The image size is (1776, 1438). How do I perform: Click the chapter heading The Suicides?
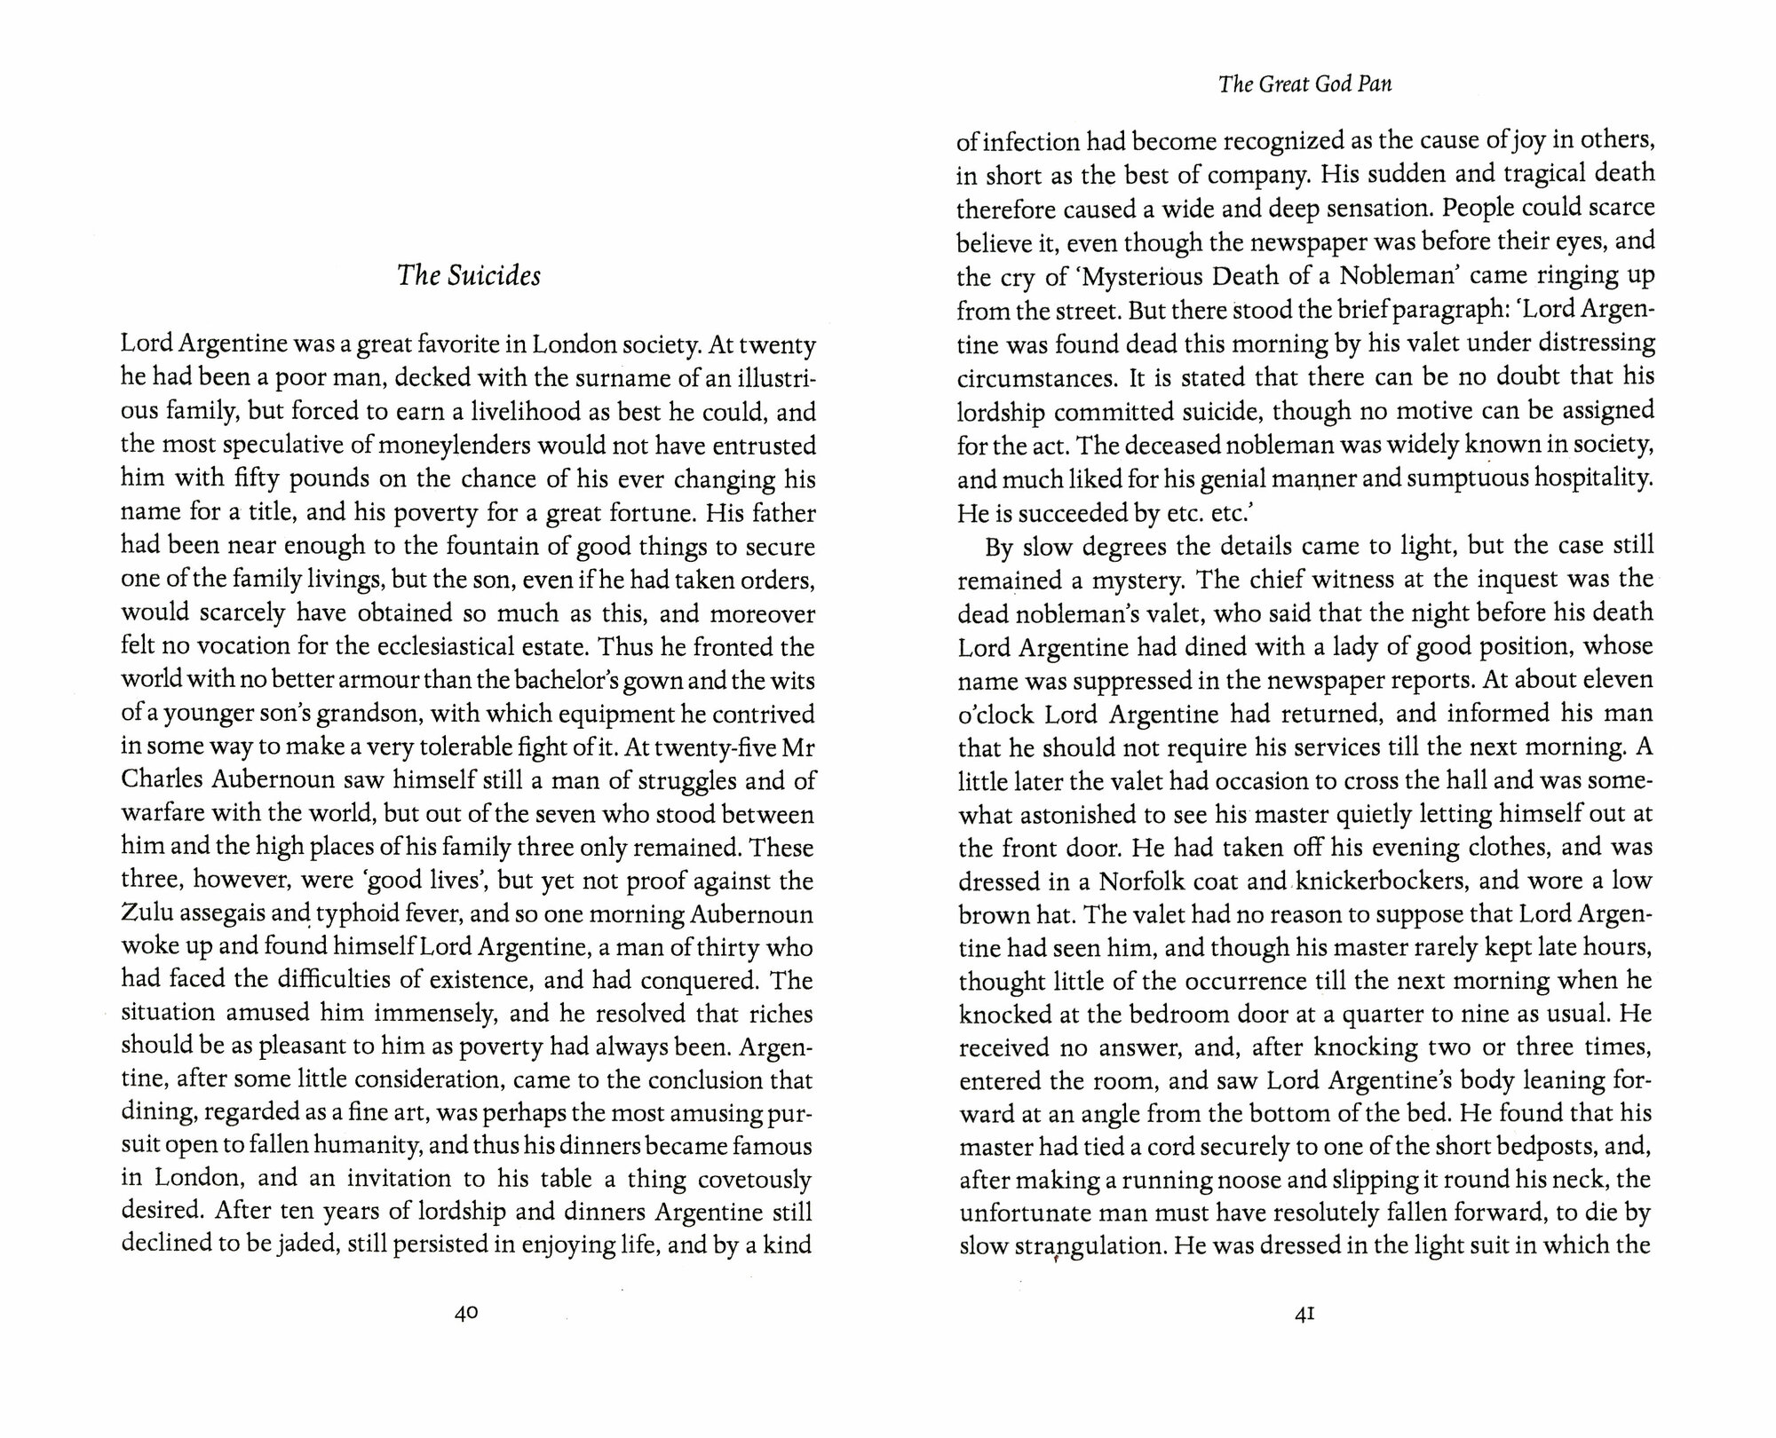pyautogui.click(x=468, y=276)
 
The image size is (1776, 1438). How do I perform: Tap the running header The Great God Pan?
pyautogui.click(x=1304, y=84)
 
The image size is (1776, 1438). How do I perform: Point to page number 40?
pyautogui.click(x=466, y=1313)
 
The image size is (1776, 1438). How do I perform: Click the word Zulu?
pyautogui.click(x=145, y=914)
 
